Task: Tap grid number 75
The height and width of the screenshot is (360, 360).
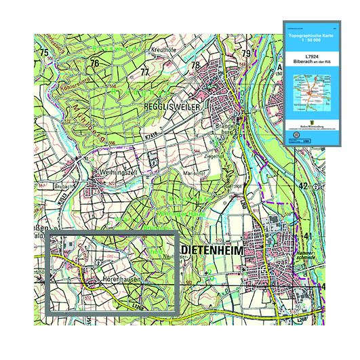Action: pos(44,53)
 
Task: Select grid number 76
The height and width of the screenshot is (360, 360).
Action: pos(94,63)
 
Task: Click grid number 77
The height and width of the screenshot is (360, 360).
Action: pos(144,71)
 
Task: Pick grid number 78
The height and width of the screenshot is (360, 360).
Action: pos(195,65)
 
